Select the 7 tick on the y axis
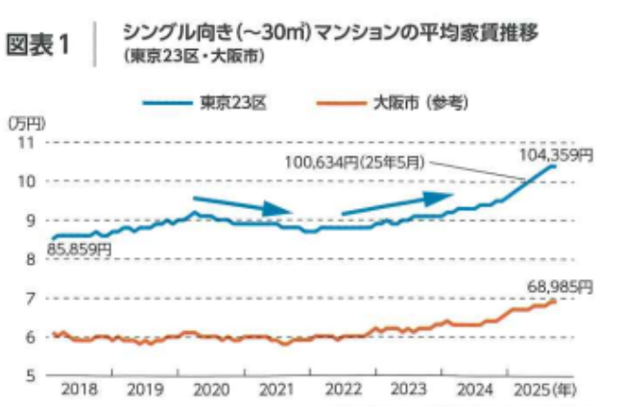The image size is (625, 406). pos(29,298)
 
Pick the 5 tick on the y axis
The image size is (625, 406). pos(29,375)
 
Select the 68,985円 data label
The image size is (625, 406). pos(560,285)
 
